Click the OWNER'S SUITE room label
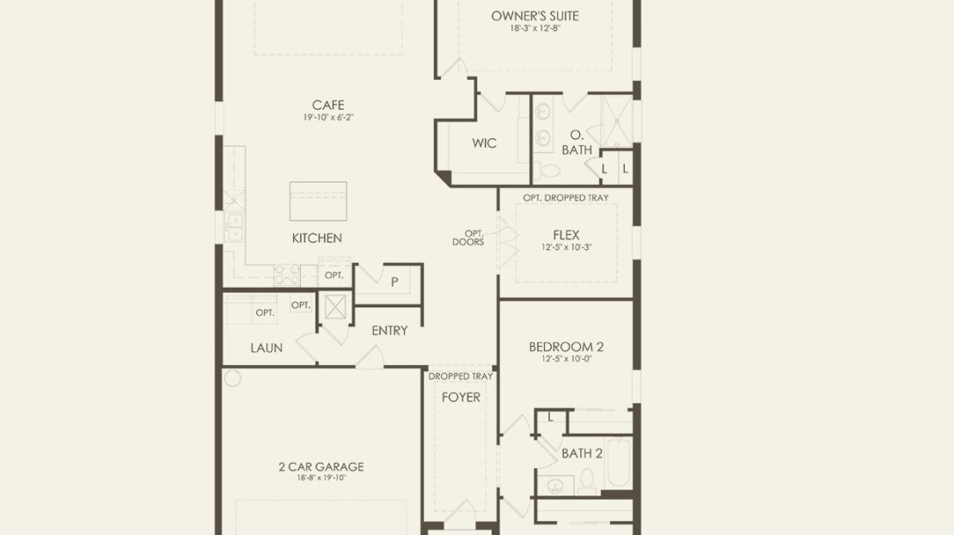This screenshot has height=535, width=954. [x=535, y=15]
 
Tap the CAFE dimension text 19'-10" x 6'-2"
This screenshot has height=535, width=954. [x=328, y=118]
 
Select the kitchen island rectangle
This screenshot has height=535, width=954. [x=318, y=201]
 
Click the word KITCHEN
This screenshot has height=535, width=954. [x=317, y=239]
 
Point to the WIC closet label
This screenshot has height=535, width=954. [x=484, y=143]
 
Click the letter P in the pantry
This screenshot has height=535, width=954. [x=394, y=282]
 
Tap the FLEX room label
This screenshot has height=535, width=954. [x=566, y=234]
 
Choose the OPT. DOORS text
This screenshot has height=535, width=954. [x=468, y=238]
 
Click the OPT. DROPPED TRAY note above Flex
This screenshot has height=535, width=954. [x=566, y=198]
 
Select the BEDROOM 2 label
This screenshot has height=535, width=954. [x=566, y=347]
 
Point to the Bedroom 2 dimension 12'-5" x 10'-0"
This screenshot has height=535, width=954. [x=566, y=359]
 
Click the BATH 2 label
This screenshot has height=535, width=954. [x=582, y=453]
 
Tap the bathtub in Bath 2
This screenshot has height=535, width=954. [x=619, y=462]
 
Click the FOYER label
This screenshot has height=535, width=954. [x=462, y=398]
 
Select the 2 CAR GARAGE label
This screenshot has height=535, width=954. [x=321, y=467]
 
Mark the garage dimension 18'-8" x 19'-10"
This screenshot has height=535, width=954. [x=321, y=477]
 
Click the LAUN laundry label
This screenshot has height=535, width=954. [x=266, y=349]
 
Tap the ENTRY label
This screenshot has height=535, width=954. [x=389, y=331]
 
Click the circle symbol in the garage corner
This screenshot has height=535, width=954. [x=232, y=378]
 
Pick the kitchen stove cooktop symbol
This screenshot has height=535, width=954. [x=286, y=275]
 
